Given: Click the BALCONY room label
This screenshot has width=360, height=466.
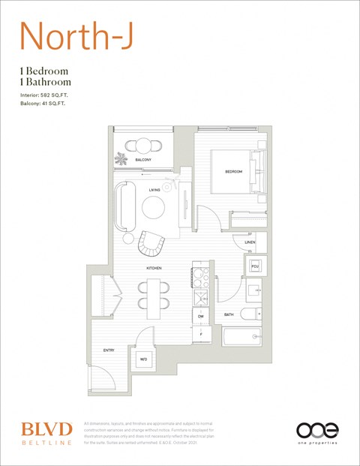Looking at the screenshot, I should coord(143,160).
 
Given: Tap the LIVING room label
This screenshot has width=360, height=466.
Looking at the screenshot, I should coord(154,190).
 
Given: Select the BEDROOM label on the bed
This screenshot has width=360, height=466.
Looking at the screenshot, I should coord(234,172).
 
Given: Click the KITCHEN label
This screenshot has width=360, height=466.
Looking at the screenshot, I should coord(154,268).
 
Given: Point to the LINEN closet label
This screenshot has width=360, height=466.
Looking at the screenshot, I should coord(250,242).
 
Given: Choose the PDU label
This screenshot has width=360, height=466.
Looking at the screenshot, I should coord(255,266).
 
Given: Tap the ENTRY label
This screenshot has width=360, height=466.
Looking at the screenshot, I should coord(108,350).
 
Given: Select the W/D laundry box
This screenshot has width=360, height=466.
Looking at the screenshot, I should coord(143,359).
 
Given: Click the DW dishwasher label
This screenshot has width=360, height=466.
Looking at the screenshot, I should coord(201,317).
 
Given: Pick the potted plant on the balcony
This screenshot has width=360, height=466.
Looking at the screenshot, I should coord(121,158).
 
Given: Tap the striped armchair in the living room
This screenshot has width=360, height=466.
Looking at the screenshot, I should coord(151,241).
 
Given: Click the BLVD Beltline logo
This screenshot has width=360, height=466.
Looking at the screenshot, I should coord(46,433).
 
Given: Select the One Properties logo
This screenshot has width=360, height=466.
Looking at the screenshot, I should coord(317,433).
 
